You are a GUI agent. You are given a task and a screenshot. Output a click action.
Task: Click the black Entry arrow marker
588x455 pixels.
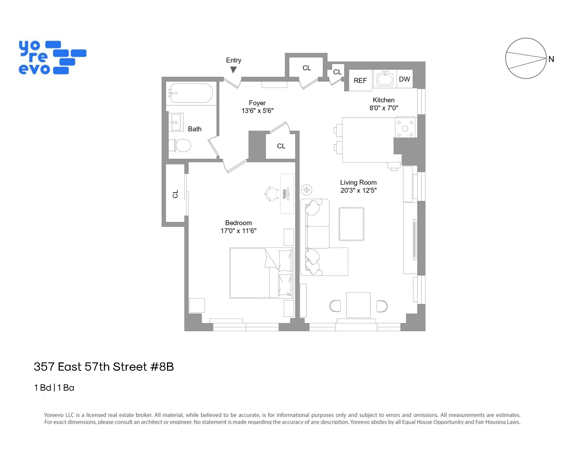coord(233,70)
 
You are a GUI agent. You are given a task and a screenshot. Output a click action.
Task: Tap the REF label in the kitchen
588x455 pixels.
coord(360,81)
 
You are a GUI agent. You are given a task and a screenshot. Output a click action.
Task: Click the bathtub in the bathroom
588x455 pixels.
coord(191,93)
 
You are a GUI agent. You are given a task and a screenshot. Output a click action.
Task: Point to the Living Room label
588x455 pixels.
coord(358,183)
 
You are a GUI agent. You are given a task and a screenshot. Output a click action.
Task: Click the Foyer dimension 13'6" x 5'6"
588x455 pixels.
coord(257,111)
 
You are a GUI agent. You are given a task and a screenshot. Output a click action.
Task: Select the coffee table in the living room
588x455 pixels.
coord(351,224)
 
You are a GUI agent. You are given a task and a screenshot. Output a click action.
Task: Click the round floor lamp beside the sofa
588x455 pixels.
coord(306,190)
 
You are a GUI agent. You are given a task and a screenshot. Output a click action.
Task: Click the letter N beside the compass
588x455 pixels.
coord(551,59)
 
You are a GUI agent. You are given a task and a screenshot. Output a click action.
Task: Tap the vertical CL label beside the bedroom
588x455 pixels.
coord(175,194)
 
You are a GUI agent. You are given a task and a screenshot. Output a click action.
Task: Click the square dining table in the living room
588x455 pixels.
coord(358,305)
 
